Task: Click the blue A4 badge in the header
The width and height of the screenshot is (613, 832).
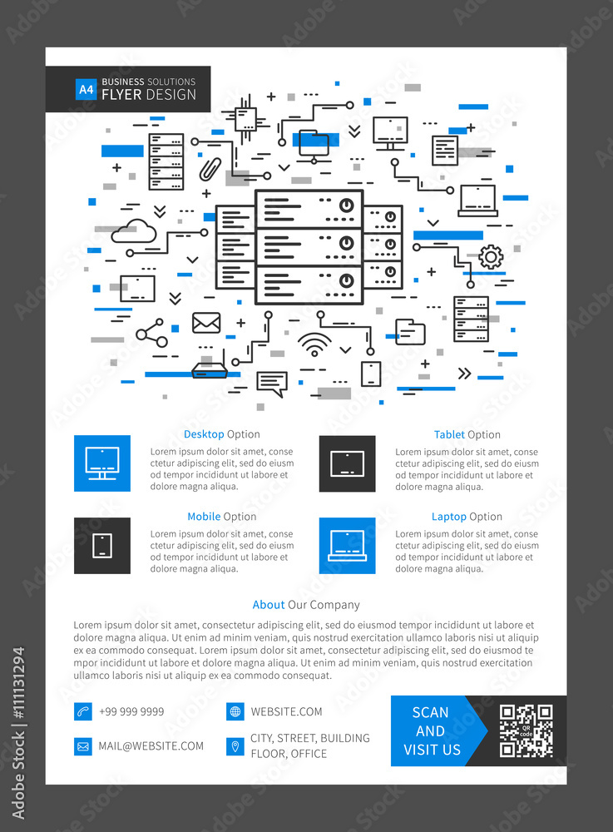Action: point(86,89)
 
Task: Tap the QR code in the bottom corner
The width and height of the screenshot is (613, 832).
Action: point(526,730)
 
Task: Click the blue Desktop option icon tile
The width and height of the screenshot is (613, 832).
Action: point(102,463)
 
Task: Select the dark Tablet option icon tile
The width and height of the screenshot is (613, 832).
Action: point(347,463)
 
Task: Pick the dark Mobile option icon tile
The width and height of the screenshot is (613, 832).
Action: point(102,545)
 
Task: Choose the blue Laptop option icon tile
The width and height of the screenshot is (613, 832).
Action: point(347,545)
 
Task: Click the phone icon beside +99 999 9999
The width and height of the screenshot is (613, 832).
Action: point(82,711)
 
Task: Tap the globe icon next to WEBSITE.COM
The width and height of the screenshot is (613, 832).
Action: point(235,711)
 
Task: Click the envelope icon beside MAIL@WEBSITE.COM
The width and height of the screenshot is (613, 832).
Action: point(82,746)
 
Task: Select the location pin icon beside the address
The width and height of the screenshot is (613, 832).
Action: point(235,746)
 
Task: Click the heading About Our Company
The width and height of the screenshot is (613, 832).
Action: point(306,605)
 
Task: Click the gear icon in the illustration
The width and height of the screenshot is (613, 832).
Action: point(491,257)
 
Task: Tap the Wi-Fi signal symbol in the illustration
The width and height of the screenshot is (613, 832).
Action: point(314,344)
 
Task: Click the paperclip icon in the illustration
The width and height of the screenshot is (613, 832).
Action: point(209,169)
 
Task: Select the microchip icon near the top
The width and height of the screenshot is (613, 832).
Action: point(245,118)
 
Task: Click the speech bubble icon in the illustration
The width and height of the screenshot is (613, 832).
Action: point(271,384)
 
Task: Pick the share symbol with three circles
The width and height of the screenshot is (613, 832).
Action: point(151,333)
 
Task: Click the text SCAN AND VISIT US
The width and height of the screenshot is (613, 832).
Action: point(431,730)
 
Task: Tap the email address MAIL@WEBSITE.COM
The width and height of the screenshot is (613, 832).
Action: point(151,746)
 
